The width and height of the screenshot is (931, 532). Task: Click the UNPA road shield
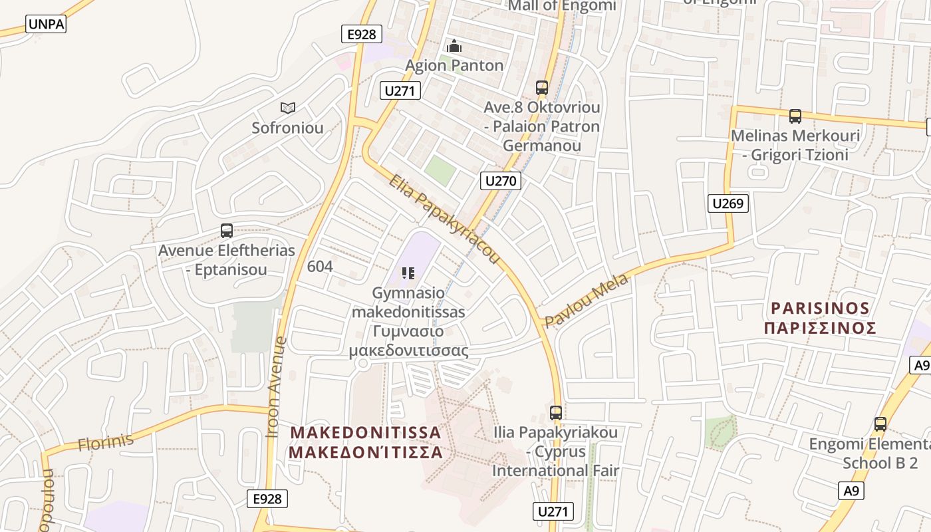click(46, 25)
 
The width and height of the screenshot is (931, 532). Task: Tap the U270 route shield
click(501, 180)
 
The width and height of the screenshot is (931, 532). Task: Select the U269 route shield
click(728, 203)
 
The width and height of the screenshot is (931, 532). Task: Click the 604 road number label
click(320, 266)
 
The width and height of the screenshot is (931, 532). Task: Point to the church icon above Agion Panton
click(454, 46)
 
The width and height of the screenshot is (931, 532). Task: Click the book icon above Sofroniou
click(287, 108)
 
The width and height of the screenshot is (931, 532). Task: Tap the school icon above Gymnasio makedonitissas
click(408, 273)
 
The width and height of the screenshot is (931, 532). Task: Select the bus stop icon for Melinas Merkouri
click(795, 116)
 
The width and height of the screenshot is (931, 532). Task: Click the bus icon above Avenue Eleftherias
click(227, 231)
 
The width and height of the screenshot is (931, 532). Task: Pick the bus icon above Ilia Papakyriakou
click(556, 412)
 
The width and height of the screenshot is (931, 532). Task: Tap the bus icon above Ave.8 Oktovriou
click(541, 87)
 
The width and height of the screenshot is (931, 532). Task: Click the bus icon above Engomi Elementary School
click(880, 424)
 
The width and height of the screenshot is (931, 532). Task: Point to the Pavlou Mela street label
click(587, 301)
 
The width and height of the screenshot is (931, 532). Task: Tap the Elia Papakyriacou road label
click(444, 218)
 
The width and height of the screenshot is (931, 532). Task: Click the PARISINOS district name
click(820, 309)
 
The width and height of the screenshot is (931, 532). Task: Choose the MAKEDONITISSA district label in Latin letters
click(366, 433)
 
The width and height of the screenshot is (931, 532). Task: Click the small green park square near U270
click(440, 171)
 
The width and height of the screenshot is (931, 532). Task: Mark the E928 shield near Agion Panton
click(361, 34)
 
